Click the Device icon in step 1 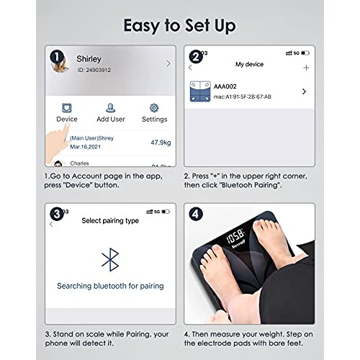point(67,108)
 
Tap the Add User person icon point(110,108)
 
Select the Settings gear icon point(154,108)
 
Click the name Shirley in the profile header point(89,59)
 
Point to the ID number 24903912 point(99,70)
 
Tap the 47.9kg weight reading point(161,143)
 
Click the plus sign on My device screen point(306,68)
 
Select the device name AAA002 point(225,86)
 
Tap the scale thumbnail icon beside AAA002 point(200,91)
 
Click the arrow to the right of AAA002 point(304,91)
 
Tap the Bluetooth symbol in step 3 point(110,260)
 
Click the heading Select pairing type point(110,221)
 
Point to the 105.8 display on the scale point(235,236)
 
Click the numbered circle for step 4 point(196,214)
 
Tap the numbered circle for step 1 point(57,57)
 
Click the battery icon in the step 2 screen point(305,53)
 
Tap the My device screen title point(249,64)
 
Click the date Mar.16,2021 point(85,147)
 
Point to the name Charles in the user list point(79,163)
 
